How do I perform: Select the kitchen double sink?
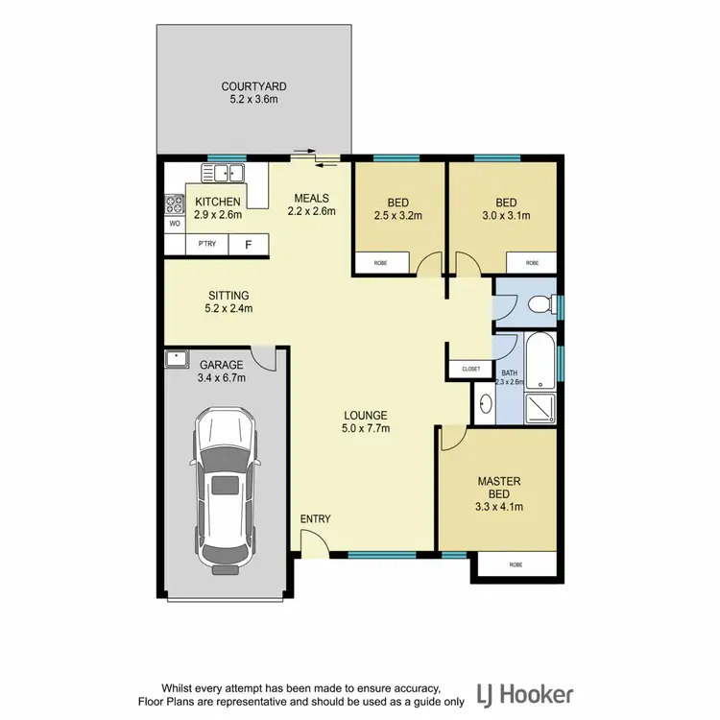[224, 174]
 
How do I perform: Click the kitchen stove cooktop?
[175, 204]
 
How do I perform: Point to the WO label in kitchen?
[175, 223]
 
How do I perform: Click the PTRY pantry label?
[206, 245]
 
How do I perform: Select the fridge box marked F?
[249, 245]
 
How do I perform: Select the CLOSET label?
[470, 368]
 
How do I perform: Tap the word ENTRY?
[315, 519]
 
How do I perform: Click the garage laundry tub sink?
[177, 359]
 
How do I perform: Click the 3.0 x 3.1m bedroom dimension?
[506, 216]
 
